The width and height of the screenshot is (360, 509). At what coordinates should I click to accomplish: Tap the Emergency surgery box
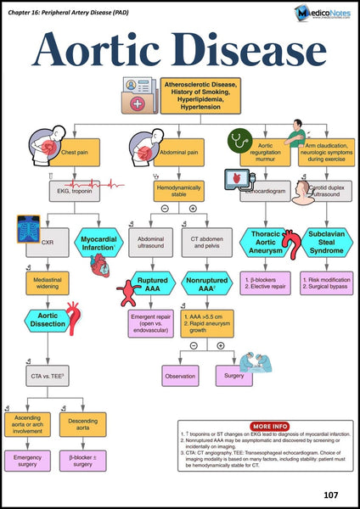pos(28,461)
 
